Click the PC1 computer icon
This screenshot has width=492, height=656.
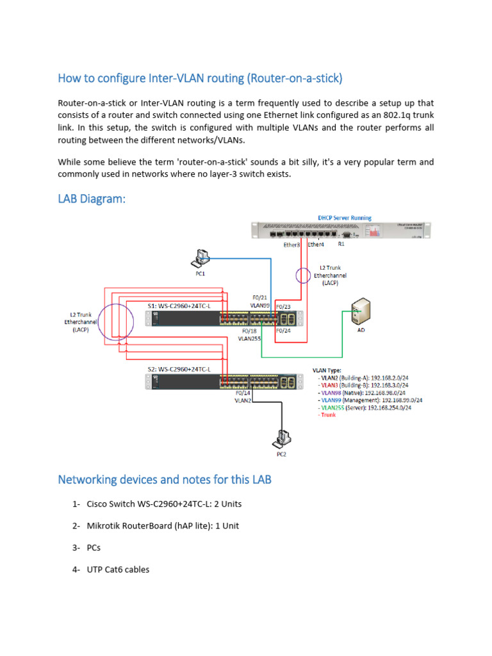coord(201,258)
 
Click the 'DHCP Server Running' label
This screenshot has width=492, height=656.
coord(345,218)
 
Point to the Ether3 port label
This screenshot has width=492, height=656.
coord(292,245)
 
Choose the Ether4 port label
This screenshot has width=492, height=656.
coord(316,245)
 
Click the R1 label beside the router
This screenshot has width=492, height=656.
coord(341,245)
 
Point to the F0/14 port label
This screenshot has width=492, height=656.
coord(243,393)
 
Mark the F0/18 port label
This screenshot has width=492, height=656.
coord(250,331)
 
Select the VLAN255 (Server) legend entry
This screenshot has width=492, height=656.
coord(365,407)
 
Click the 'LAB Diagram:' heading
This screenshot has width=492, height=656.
coord(92,200)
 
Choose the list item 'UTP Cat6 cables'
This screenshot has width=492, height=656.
coord(118,569)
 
